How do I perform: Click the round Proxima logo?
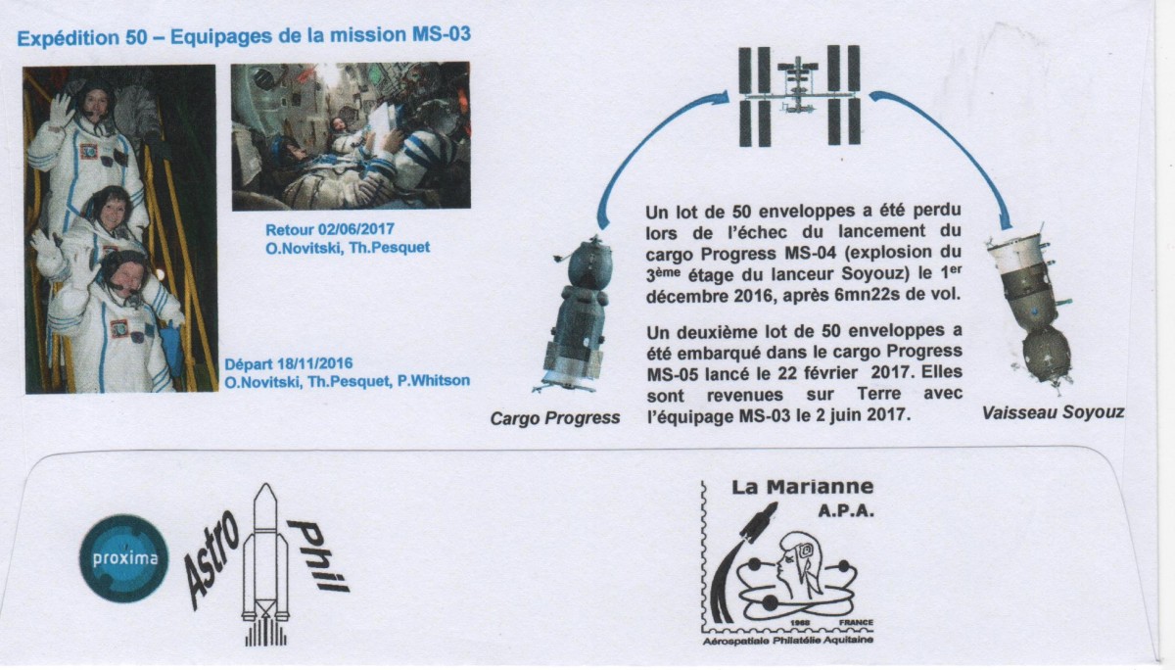coord(124,558)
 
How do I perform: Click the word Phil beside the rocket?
coord(318,555)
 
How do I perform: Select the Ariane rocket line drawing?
coord(265,564)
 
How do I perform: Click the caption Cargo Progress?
coord(555,418)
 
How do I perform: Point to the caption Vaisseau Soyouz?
coord(1053,413)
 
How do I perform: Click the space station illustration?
coord(799,95)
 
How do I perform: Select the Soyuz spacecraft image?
coord(1031,310)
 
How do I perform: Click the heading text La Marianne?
coord(803,487)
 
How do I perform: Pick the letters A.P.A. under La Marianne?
coord(846,511)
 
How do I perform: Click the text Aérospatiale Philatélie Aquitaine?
coord(788,641)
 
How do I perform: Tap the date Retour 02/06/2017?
coord(330,230)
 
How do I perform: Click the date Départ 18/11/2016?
coord(289,363)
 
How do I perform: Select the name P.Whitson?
coord(433,381)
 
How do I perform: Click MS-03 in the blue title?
coord(442,34)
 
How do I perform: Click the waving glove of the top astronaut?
coord(61,110)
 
